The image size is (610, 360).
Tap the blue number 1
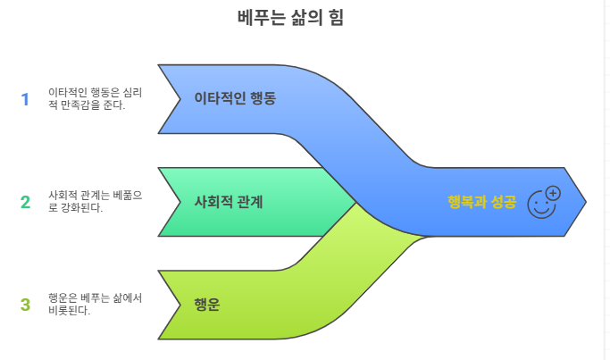25,98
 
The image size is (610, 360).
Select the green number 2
25,202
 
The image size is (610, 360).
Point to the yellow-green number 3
25,305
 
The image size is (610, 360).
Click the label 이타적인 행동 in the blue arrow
234,98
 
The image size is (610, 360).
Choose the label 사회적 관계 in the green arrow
228,202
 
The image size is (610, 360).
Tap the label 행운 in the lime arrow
207,305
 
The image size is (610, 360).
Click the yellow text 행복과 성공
481,202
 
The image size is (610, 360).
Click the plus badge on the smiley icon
552,193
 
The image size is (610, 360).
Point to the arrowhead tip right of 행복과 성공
585,203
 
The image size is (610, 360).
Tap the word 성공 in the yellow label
502,202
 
